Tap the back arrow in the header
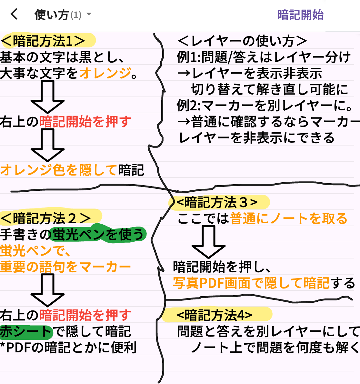14,14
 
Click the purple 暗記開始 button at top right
300,15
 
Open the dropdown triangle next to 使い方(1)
89,15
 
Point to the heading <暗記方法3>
217,202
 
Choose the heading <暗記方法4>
215,315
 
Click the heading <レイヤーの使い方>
242,41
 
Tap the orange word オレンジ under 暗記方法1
105,73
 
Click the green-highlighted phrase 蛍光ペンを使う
98,234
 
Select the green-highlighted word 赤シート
26,331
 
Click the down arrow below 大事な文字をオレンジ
47,96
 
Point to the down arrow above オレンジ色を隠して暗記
47,145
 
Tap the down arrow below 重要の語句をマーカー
47,290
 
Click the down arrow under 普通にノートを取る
208,242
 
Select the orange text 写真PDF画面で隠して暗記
251,283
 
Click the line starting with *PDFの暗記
68,348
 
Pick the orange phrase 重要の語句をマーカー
65,267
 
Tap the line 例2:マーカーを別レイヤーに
265,106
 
